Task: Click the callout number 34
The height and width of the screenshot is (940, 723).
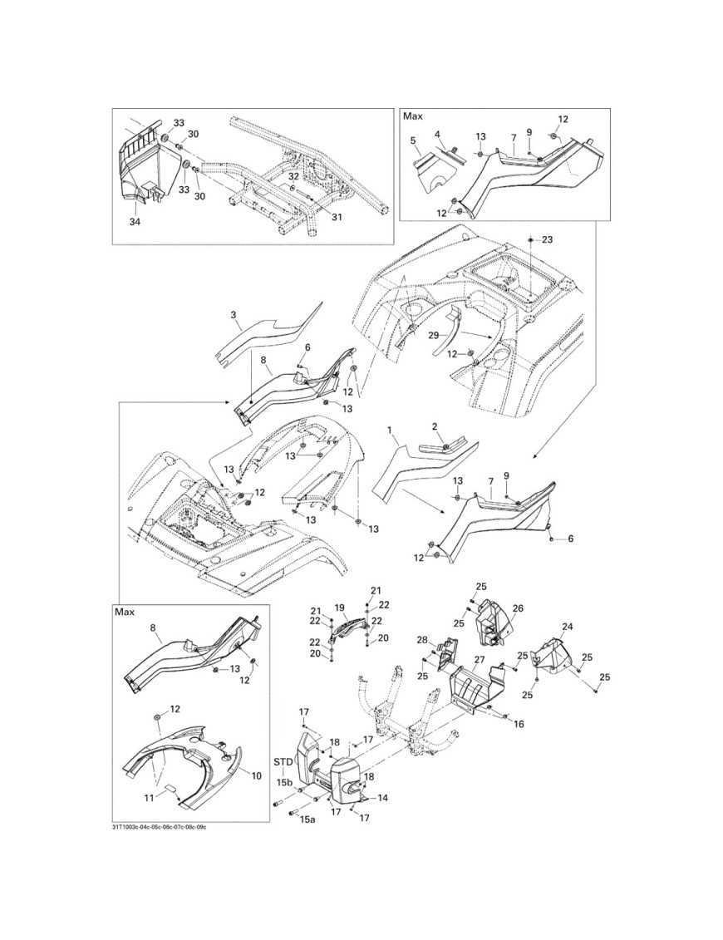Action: [135, 223]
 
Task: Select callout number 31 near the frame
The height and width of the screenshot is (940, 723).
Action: [336, 217]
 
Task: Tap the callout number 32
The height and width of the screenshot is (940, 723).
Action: [293, 176]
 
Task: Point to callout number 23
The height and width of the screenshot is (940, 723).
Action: [546, 239]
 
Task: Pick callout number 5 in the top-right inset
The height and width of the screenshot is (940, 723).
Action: [413, 141]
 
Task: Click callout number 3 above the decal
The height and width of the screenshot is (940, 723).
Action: [234, 315]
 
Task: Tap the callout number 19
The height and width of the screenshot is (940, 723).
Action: [339, 608]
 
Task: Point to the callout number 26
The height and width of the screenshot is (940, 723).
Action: [518, 608]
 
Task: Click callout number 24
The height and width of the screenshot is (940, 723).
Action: [568, 627]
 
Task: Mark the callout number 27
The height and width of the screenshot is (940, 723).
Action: [479, 660]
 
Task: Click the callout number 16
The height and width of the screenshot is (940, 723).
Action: [519, 725]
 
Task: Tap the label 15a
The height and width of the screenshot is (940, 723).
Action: [308, 819]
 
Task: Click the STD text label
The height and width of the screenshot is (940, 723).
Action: [283, 760]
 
